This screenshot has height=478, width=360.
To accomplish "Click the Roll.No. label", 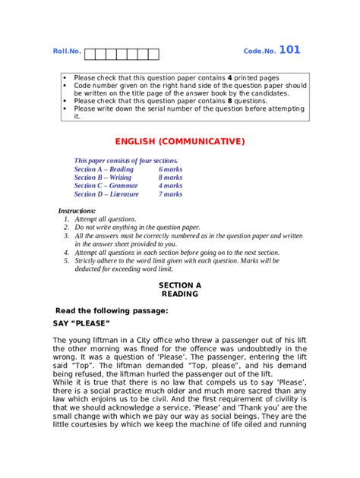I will [67, 52].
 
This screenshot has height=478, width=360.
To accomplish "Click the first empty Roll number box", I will [90, 54].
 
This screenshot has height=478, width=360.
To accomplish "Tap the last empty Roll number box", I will [153, 54].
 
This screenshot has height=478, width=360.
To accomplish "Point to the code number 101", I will [289, 50].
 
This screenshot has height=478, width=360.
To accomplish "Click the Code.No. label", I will [259, 52].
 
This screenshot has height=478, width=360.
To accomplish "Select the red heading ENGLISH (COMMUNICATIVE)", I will [180, 141].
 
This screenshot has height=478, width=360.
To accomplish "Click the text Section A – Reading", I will [103, 169].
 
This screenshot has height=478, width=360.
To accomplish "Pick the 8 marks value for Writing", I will [170, 178].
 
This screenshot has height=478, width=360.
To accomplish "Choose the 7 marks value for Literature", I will [170, 194].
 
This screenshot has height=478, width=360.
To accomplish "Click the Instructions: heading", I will [77, 210].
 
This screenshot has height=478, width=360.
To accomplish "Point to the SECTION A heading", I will [180, 285].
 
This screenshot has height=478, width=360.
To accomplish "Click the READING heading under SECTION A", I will [180, 293].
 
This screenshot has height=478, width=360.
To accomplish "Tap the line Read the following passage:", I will [112, 310].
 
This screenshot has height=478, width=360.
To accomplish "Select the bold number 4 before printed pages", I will [230, 78].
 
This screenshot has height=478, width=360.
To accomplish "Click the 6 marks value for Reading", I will [170, 169].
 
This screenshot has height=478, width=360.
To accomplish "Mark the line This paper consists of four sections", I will [126, 161].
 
